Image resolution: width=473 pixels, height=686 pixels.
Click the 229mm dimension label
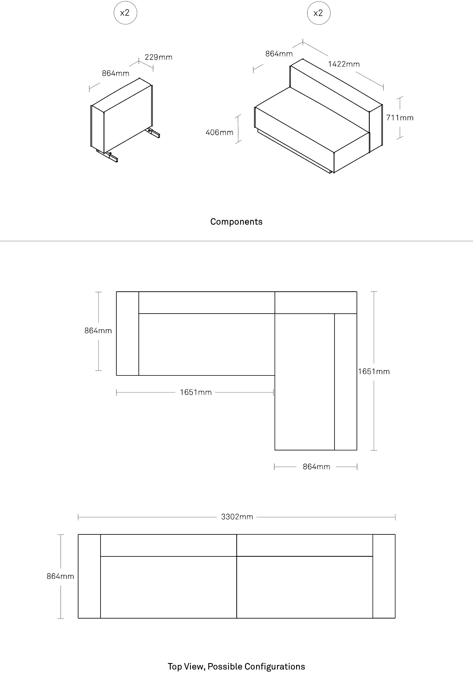click(159, 57)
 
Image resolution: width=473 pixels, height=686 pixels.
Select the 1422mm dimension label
click(344, 64)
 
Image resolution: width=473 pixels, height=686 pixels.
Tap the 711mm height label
click(400, 118)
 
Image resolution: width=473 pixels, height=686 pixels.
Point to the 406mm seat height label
click(220, 132)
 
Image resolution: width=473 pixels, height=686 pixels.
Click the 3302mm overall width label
click(237, 517)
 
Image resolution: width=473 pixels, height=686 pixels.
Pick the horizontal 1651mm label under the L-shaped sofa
click(196, 392)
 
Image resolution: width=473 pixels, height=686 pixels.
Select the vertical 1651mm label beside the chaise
click(374, 372)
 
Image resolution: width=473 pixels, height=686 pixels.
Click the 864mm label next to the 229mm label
click(116, 73)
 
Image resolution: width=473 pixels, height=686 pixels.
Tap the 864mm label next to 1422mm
click(279, 54)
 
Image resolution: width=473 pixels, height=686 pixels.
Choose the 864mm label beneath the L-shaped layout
click(317, 467)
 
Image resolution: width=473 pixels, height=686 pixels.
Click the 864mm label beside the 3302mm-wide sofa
click(60, 576)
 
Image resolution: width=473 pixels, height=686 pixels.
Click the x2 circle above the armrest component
click(125, 13)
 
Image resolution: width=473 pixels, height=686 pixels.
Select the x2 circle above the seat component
click(319, 13)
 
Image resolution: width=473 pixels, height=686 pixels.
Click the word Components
click(236, 222)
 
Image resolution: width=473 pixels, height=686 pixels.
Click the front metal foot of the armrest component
click(107, 156)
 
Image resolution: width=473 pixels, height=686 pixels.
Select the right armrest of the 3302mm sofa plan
click(384, 576)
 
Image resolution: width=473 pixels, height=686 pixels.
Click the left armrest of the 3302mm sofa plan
click(89, 576)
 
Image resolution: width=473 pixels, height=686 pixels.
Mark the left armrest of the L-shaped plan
click(127, 333)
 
